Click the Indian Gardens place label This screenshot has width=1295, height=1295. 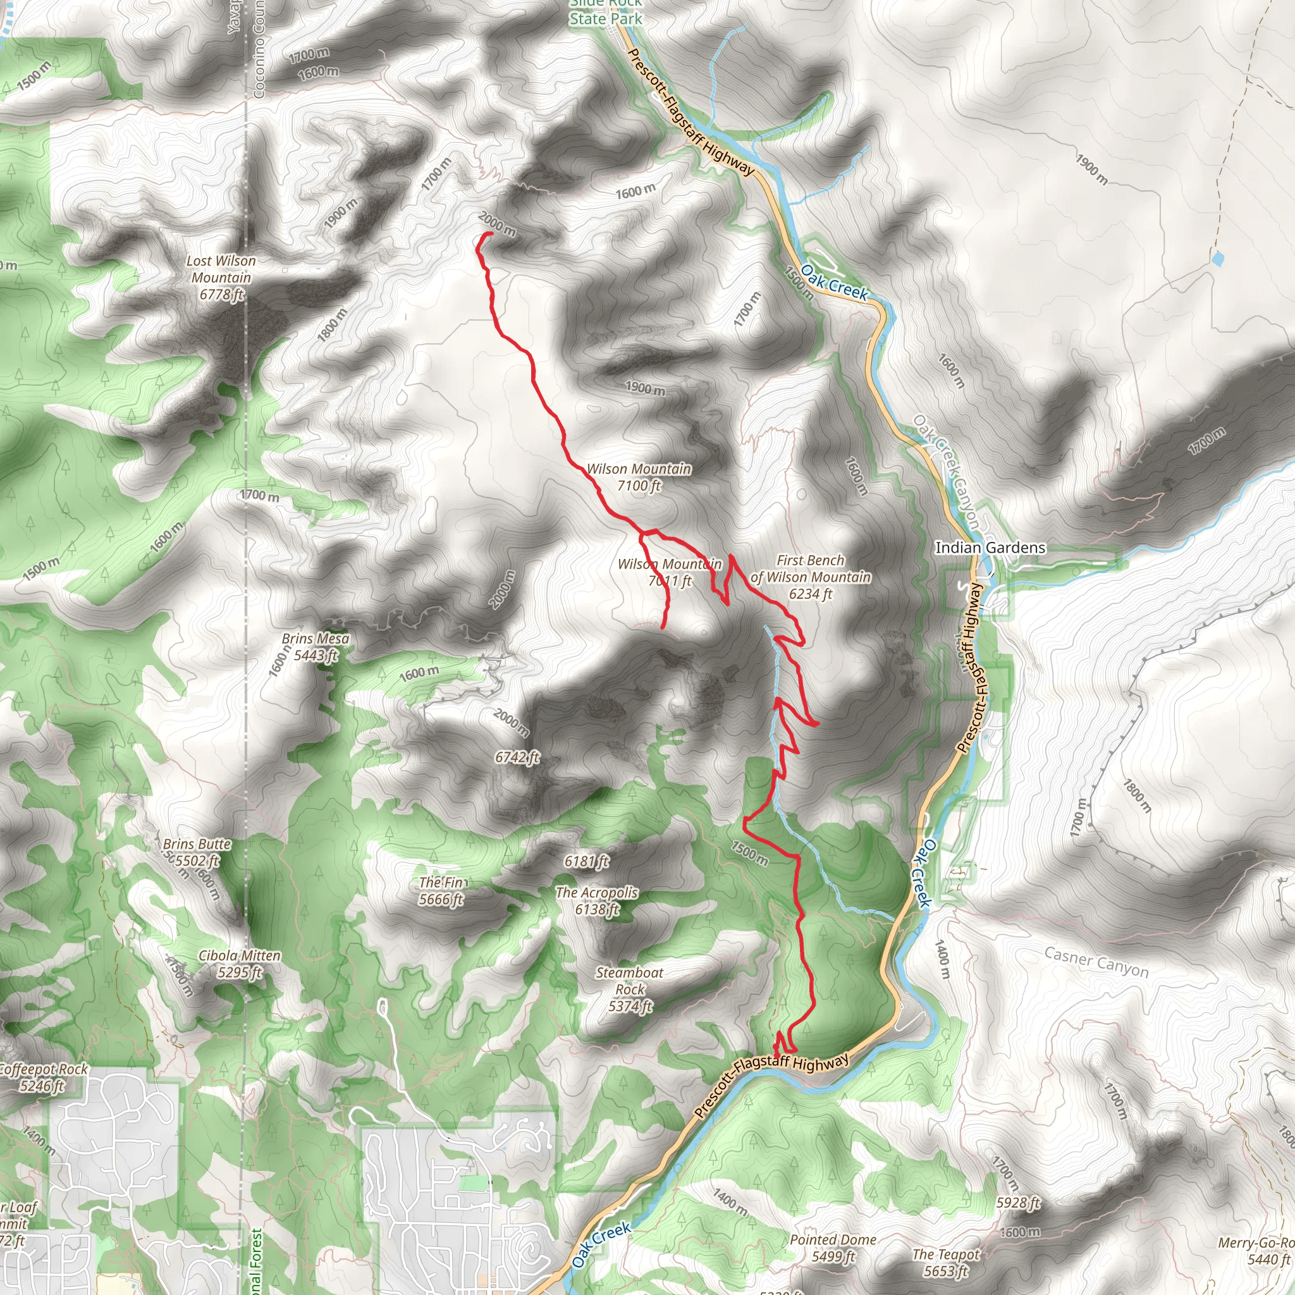990,548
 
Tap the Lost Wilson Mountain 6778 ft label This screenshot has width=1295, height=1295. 221,278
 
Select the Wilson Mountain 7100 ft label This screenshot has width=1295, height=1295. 639,477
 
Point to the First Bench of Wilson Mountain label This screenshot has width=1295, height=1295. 811,577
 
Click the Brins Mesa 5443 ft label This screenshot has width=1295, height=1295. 314,647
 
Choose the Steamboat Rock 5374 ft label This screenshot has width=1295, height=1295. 629,989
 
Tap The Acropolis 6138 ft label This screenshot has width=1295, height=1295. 596,900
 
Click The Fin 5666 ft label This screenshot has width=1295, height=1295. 441,891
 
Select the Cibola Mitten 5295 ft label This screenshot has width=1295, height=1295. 239,964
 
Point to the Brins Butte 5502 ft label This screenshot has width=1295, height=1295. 197,852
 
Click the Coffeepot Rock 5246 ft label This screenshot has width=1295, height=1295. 43,1077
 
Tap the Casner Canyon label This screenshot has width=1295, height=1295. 1096,962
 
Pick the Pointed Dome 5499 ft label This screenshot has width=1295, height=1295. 833,1248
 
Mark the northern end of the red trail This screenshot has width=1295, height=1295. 491,233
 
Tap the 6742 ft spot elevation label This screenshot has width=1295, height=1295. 517,757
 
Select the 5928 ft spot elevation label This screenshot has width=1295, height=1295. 1017,1203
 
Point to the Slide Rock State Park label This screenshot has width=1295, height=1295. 605,12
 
